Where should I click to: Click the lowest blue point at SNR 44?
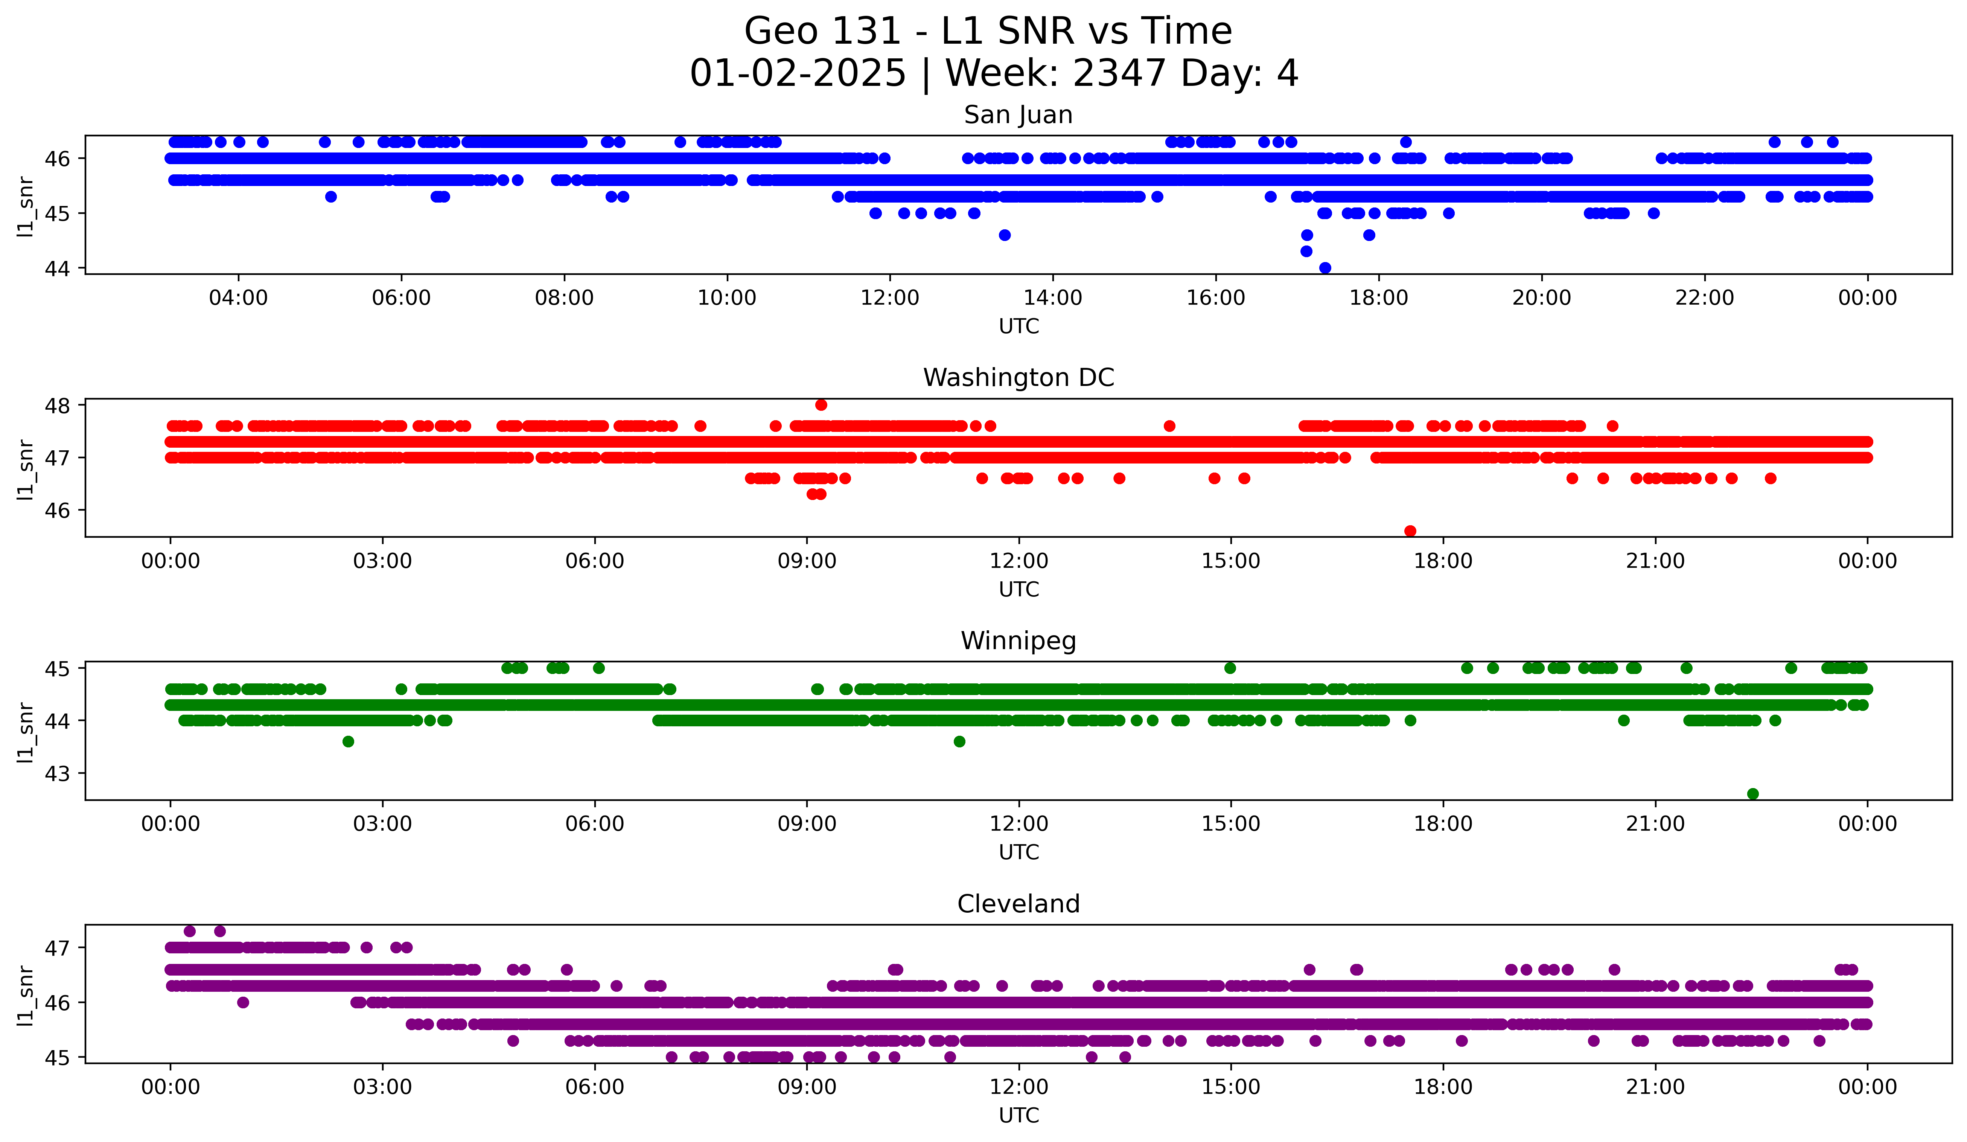click(x=1325, y=268)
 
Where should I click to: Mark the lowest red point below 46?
click(x=1410, y=531)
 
